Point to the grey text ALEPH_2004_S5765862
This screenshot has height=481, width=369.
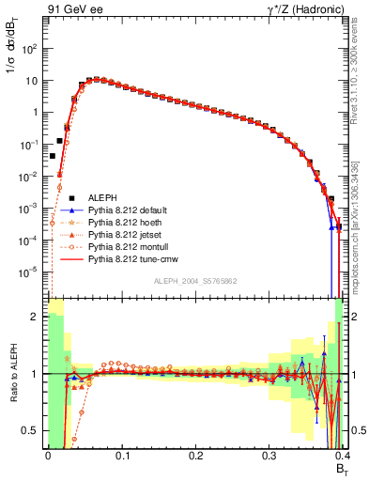(194, 282)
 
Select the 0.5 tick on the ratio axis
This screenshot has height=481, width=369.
(33, 430)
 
